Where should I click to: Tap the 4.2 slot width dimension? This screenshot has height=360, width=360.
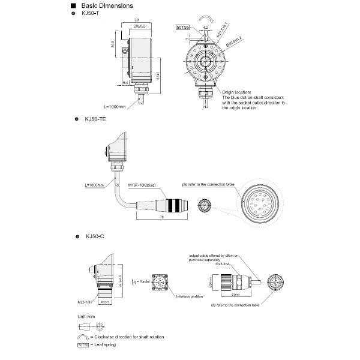(205, 27)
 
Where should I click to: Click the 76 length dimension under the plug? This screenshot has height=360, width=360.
(163, 217)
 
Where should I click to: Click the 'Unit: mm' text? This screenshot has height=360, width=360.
(87, 315)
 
